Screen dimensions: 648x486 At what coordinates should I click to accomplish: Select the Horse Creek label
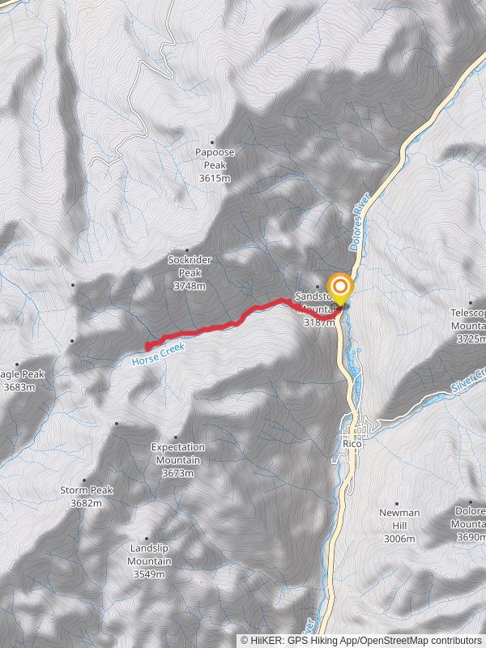(x=158, y=353)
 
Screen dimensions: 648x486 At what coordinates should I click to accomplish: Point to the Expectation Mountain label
(x=178, y=459)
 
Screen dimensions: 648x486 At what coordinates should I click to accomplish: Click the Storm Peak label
(x=86, y=497)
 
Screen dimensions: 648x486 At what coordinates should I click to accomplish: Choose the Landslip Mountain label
(x=149, y=561)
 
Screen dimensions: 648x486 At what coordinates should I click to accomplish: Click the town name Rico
(x=352, y=445)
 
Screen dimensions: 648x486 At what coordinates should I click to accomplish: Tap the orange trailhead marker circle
(x=339, y=287)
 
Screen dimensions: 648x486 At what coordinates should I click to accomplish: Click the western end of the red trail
(x=147, y=347)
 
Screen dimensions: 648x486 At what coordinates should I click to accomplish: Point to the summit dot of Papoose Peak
(x=213, y=141)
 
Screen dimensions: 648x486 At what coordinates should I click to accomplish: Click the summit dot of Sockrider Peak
(x=187, y=249)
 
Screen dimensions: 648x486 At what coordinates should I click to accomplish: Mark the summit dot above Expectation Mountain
(x=117, y=423)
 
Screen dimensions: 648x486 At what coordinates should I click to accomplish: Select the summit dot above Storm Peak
(x=84, y=480)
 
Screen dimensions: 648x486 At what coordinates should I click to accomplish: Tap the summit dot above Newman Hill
(x=398, y=502)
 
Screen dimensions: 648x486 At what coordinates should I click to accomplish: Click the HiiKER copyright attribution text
(x=360, y=640)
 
